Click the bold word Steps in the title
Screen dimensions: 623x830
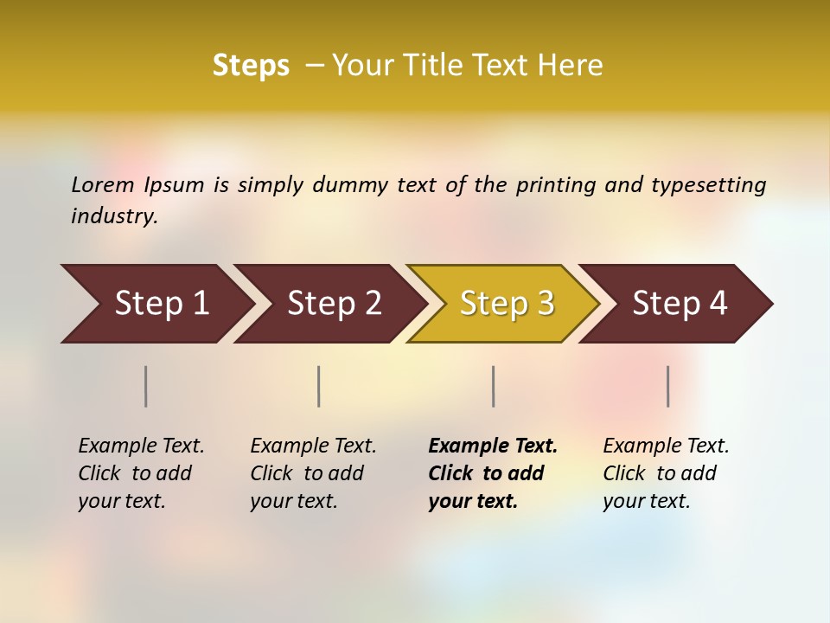(x=251, y=66)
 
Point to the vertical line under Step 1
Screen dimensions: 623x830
(x=146, y=386)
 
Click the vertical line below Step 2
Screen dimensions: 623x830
(x=319, y=386)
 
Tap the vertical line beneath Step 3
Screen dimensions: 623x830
(x=493, y=386)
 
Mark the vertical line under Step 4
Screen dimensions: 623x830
(x=668, y=386)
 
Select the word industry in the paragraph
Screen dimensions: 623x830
(x=114, y=216)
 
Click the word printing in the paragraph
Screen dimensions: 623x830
(x=556, y=185)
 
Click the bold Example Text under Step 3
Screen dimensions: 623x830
(x=493, y=446)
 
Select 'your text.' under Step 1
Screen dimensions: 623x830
(x=122, y=501)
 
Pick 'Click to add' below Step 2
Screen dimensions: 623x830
(x=307, y=473)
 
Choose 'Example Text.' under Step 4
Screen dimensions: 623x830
(x=666, y=446)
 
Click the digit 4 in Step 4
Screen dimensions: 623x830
(x=718, y=304)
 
